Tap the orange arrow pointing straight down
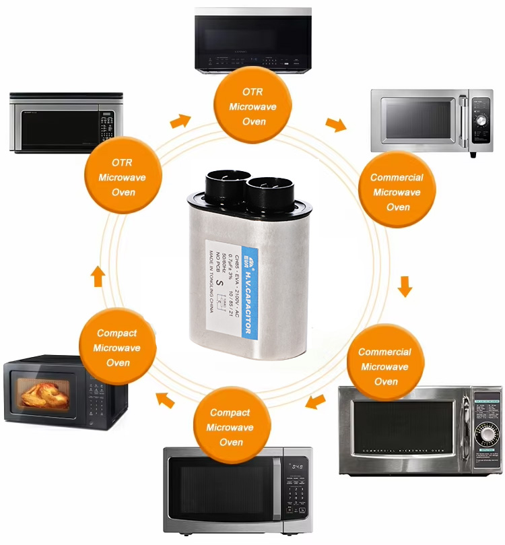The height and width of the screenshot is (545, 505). [x=405, y=286]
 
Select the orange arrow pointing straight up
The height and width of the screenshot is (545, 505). [x=98, y=276]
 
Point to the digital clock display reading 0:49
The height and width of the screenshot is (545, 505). [x=296, y=467]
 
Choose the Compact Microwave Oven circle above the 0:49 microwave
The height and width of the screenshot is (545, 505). [x=231, y=427]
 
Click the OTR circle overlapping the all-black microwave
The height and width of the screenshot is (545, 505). [x=254, y=106]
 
